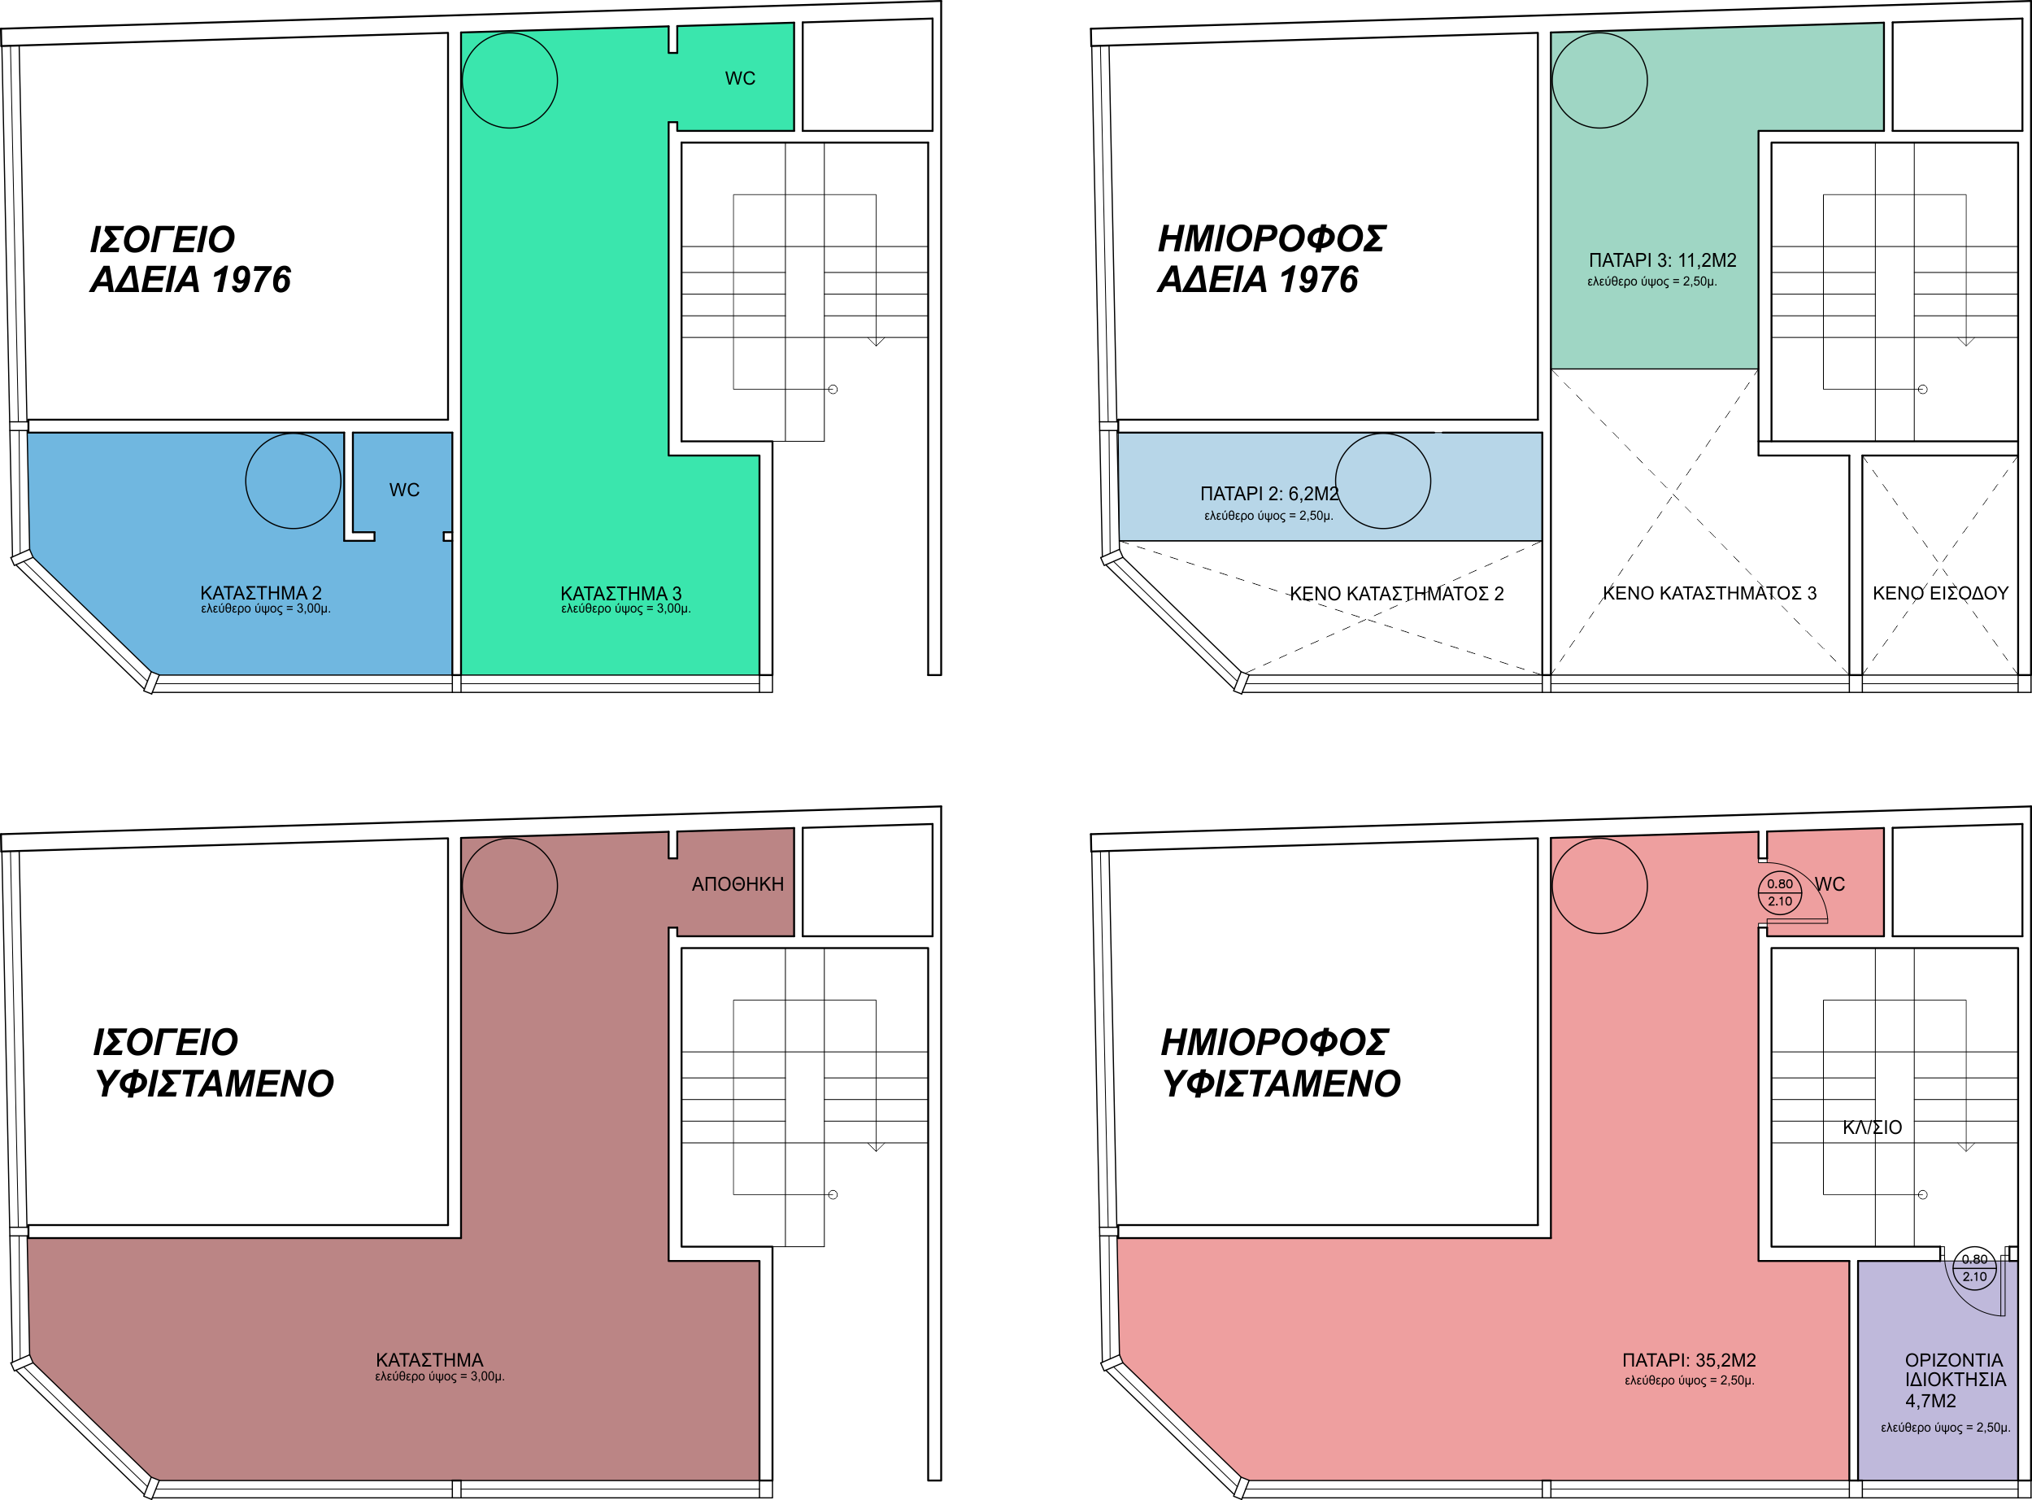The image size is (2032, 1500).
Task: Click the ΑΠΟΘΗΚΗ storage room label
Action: coord(737,884)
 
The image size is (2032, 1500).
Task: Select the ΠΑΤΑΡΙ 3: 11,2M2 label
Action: coord(1663,260)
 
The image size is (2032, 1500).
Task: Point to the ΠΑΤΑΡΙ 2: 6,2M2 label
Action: coord(1268,494)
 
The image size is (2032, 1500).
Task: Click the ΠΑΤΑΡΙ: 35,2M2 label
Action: coord(1689,1360)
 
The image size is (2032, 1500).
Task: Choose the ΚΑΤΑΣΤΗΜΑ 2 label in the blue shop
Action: coord(260,593)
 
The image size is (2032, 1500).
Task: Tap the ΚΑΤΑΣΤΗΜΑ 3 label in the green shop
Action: coord(620,593)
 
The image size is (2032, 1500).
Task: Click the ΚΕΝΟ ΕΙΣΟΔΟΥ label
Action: coord(1940,594)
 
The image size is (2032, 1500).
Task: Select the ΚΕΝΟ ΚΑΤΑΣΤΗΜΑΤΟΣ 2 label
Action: coord(1397,594)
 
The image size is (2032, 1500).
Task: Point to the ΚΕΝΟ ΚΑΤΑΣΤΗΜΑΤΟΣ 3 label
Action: coord(1710,594)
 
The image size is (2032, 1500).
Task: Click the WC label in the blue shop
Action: coord(404,491)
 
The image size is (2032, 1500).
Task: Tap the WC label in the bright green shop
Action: coord(740,79)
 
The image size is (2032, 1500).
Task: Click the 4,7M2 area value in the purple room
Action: coord(1930,1401)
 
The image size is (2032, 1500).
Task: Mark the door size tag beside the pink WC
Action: coord(1780,892)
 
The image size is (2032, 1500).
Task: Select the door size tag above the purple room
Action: coord(1974,1267)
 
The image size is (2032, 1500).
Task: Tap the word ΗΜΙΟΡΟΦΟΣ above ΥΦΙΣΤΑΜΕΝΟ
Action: coord(1274,1042)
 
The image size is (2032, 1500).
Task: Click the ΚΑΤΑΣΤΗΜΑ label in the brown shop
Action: coord(429,1360)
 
